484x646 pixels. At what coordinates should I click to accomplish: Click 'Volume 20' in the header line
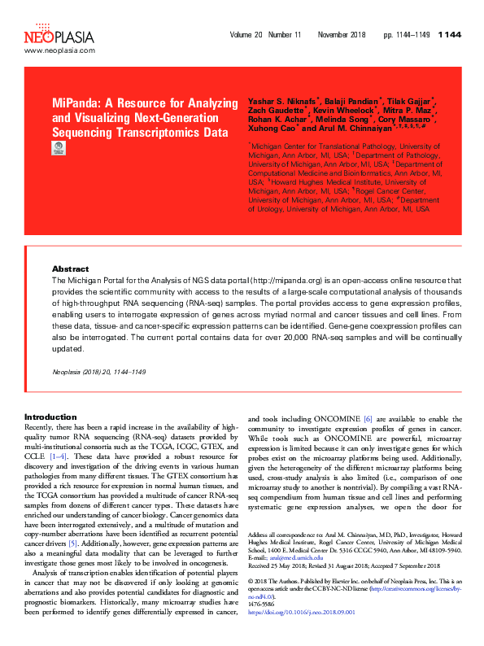tap(246, 36)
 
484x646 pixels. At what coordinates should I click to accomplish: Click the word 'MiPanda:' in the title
tap(79, 105)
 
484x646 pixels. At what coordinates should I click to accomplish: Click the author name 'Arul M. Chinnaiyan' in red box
tap(350, 129)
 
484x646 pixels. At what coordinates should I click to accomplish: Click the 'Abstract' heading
tap(70, 268)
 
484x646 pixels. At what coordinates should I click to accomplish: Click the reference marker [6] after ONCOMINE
tap(368, 417)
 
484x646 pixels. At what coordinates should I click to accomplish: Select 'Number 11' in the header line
tap(286, 36)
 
